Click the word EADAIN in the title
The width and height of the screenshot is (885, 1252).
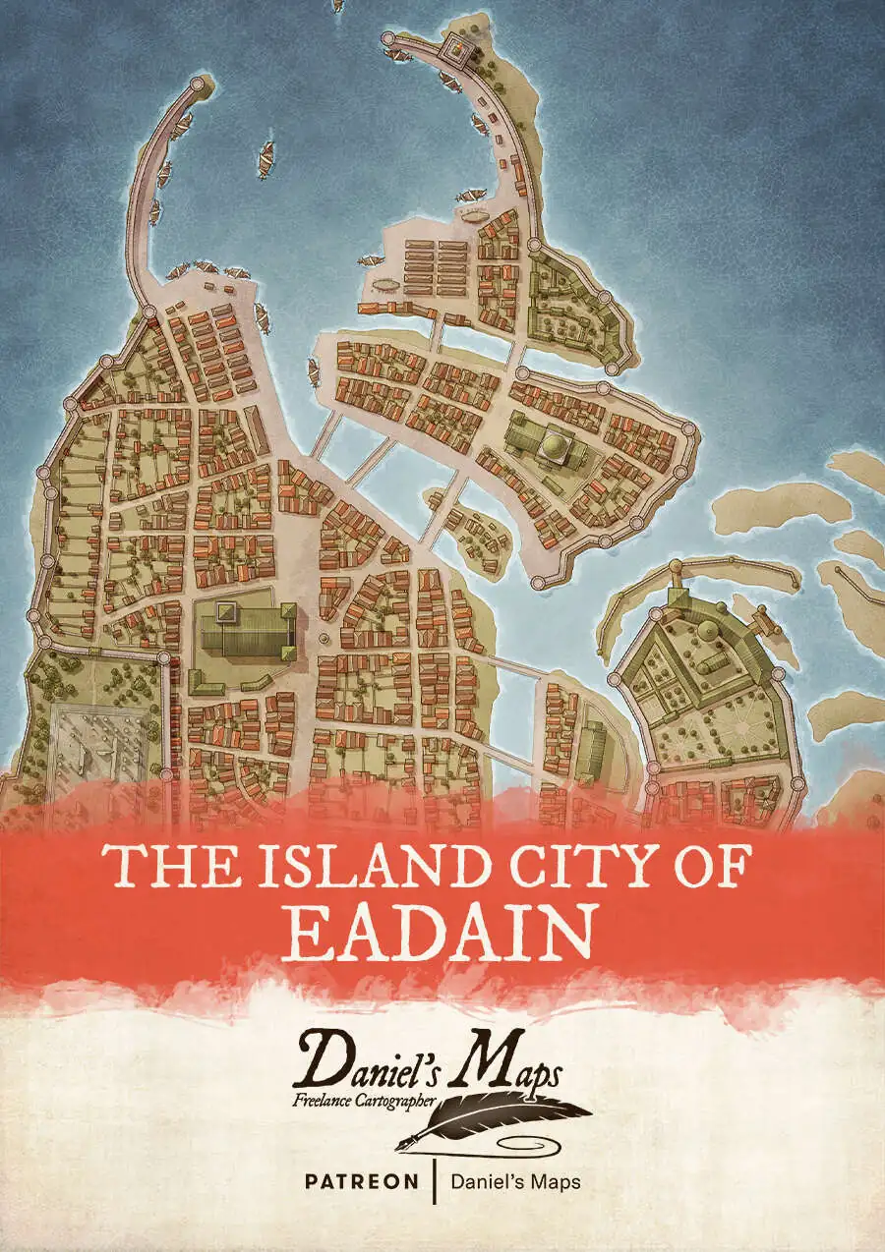point(442,930)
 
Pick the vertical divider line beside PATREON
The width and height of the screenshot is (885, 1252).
point(433,1180)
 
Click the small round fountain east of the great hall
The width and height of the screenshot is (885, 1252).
point(324,639)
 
